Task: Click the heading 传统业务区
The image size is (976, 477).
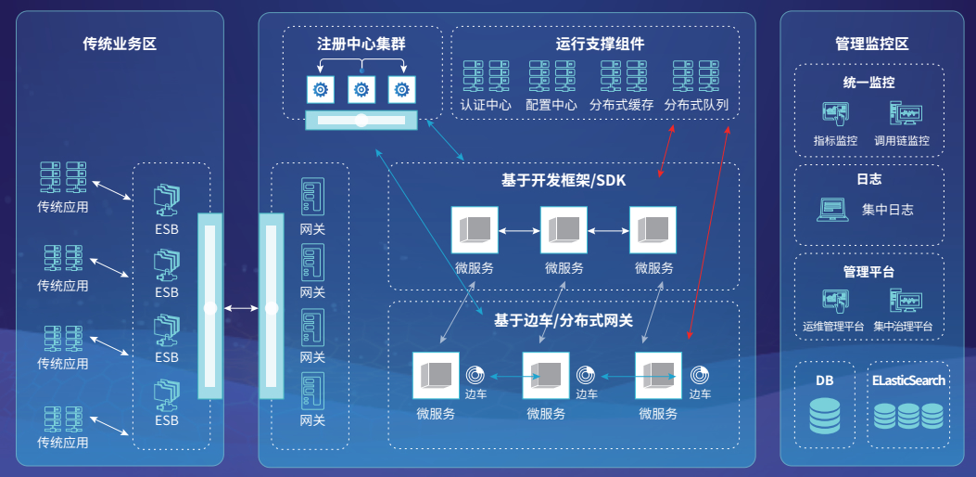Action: (120, 44)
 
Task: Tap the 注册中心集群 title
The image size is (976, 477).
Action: (361, 44)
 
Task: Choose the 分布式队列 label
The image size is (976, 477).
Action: (696, 106)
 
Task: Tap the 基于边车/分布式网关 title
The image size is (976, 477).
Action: (564, 320)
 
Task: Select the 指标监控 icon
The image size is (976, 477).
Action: (835, 115)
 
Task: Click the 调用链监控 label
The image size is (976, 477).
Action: (901, 141)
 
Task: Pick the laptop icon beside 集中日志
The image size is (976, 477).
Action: (832, 210)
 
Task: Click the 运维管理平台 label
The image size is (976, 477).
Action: (833, 327)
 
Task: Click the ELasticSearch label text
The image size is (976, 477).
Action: (908, 380)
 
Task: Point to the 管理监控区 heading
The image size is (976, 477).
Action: (871, 44)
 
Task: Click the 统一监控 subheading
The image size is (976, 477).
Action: (868, 83)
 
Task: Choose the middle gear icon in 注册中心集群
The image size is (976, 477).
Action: (361, 90)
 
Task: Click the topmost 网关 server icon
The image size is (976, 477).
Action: (312, 198)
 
